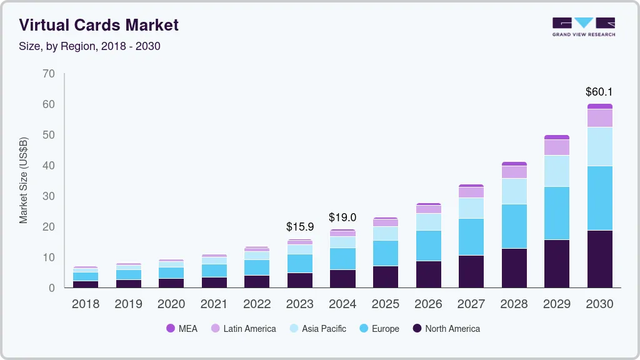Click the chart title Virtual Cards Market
coord(99,25)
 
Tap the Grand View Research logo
coord(583,27)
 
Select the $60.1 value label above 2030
coord(599,92)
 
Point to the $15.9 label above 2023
coord(299,227)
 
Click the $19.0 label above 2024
coord(342,217)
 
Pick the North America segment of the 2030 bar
coord(599,259)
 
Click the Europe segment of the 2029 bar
coord(556,213)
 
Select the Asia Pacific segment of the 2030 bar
coord(599,146)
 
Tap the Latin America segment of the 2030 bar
coord(599,117)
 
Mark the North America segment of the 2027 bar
coord(471,271)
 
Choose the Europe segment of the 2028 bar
coord(514,226)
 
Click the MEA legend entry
coord(182,329)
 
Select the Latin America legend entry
coord(243,329)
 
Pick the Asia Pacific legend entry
coord(317,329)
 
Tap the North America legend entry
coord(446,329)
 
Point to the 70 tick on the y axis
coord(49,74)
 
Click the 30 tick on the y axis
coord(49,196)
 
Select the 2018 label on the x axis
coord(86,304)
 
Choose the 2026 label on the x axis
coord(428,304)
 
